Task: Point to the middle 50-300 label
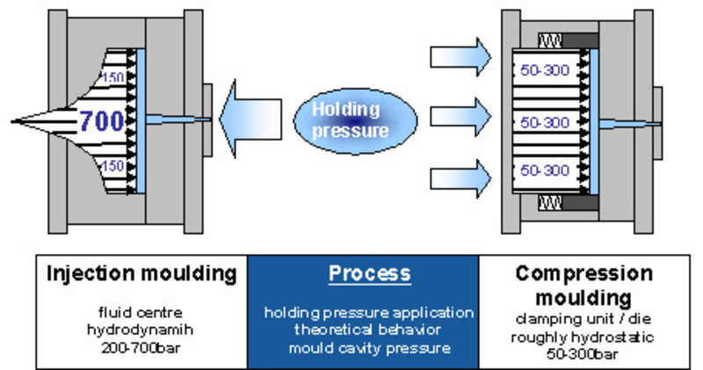pyautogui.click(x=545, y=122)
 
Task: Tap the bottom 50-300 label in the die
pyautogui.click(x=545, y=170)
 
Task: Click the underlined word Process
pyautogui.click(x=369, y=273)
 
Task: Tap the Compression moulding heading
pyautogui.click(x=585, y=283)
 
